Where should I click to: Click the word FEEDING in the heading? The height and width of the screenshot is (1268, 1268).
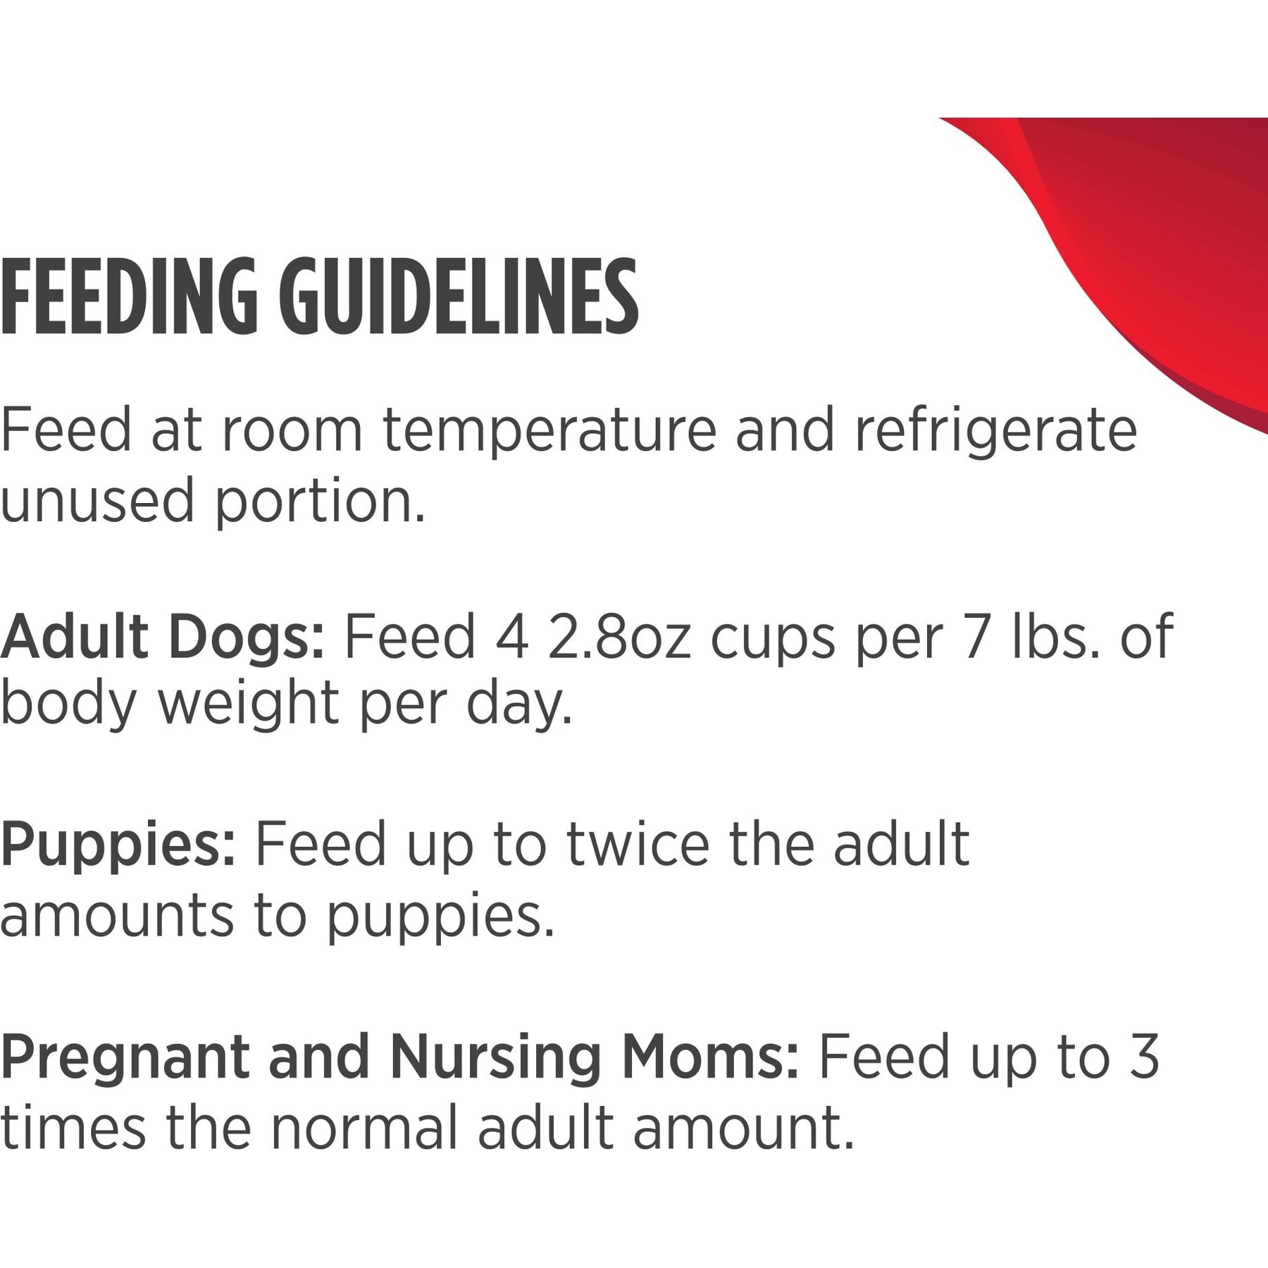(130, 299)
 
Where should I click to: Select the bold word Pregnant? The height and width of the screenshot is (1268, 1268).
(125, 1057)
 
